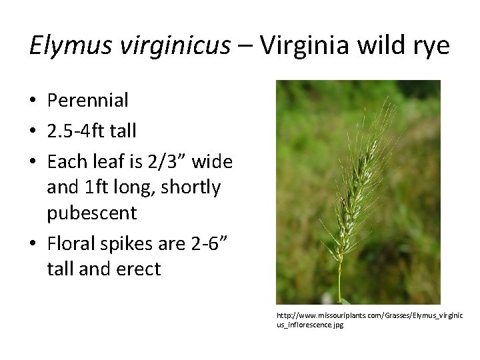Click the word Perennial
pyautogui.click(x=88, y=101)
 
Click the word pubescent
pyautogui.click(x=92, y=213)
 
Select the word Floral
pyautogui.click(x=71, y=243)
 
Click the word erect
pyautogui.click(x=137, y=269)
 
